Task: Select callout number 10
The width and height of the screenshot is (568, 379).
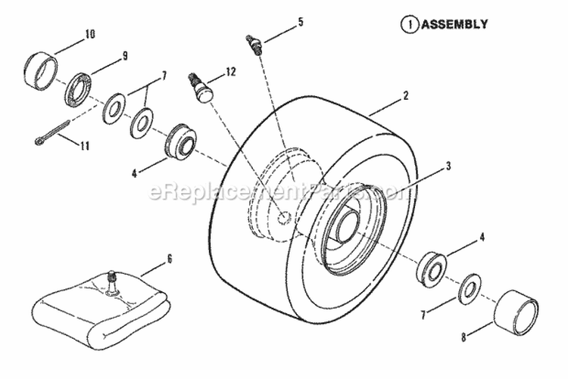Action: (90, 33)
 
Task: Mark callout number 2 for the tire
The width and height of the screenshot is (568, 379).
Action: (407, 96)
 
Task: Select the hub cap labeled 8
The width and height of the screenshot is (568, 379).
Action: (517, 310)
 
